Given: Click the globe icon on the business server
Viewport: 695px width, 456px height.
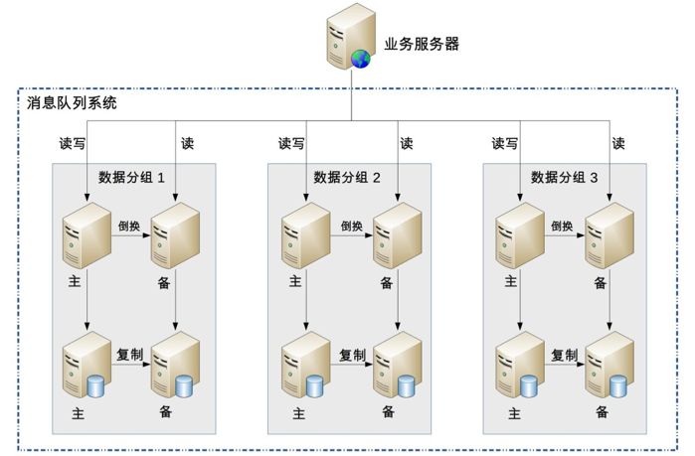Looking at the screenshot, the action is point(360,59).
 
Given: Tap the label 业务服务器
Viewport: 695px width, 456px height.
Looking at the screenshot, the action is point(422,45).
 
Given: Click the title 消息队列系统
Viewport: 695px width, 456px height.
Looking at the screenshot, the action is point(72,103).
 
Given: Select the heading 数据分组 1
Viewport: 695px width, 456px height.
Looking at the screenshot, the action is point(131,178).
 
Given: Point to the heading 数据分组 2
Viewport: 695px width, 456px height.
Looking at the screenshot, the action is point(347,178).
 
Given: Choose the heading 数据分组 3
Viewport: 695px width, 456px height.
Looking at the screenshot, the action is point(564,178).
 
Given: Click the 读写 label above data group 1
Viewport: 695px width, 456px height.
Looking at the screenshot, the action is point(73,143).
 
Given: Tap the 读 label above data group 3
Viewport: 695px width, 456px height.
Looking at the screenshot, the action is point(618,143).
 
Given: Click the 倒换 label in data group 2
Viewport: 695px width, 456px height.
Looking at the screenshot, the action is point(352,227).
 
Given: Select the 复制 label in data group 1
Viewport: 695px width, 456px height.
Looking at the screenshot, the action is point(129,355).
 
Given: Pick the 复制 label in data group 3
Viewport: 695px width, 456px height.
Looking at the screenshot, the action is point(564,355).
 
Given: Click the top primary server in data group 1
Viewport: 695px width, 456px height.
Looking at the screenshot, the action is point(87,235).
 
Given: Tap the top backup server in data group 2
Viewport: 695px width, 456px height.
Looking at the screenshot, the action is point(397,235).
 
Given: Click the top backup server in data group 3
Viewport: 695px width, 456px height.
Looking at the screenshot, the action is point(609,235).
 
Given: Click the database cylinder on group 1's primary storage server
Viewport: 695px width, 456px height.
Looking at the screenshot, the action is point(95,386).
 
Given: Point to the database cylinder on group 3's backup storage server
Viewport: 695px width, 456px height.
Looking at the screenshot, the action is point(618,386).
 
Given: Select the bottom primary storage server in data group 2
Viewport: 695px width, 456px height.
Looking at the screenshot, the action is point(306,365).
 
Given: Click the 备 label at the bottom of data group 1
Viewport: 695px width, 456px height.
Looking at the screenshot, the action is point(166,411).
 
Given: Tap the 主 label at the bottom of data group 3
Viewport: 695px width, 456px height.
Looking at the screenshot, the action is point(514,414).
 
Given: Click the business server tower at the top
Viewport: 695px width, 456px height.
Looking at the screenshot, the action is point(351,37).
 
